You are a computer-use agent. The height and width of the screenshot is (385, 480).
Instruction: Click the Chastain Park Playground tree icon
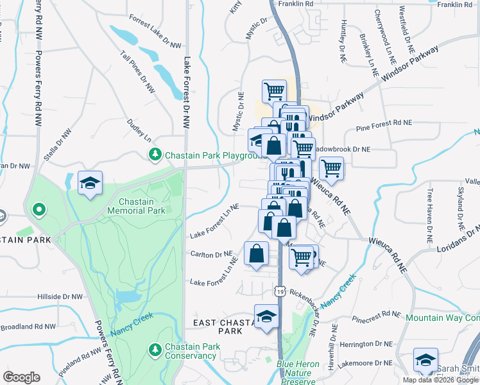coord(155,155)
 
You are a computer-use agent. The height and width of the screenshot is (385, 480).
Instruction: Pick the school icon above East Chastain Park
coord(266,316)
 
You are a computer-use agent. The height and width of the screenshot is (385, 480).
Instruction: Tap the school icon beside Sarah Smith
coord(425,361)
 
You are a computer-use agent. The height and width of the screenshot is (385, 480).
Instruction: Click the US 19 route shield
coord(280,291)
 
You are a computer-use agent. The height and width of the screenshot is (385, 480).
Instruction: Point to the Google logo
coord(21,377)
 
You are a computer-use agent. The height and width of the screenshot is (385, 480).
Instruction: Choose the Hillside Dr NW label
coord(60,297)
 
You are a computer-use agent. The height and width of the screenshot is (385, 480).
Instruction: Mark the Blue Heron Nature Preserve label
coord(298,372)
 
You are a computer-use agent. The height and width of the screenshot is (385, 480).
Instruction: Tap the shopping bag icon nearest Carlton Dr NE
coord(256,253)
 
